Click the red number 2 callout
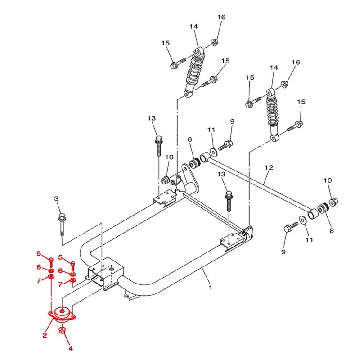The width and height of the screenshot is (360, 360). tap(45, 335)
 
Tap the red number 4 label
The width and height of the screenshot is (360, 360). tap(71, 348)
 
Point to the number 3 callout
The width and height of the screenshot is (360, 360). tap(57, 198)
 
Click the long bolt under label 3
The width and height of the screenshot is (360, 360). tap(62, 225)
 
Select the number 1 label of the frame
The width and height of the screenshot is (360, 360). tap(211, 288)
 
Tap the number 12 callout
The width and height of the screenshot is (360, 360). tap(269, 167)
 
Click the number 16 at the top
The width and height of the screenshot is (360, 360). tap(221, 17)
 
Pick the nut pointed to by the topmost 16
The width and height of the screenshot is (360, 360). tap(215, 42)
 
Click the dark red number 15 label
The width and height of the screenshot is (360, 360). tap(165, 43)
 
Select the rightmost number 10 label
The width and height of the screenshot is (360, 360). tap(328, 180)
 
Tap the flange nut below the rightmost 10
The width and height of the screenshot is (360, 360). tap(333, 202)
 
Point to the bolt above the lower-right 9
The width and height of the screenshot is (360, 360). tap(291, 226)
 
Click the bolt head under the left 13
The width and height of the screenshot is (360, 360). tap(159, 139)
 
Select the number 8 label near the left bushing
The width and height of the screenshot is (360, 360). tap(189, 139)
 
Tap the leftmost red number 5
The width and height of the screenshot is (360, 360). tap(39, 254)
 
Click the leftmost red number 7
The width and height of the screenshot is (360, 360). tap(39, 280)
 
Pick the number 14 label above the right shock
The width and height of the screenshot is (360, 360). tap(274, 68)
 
